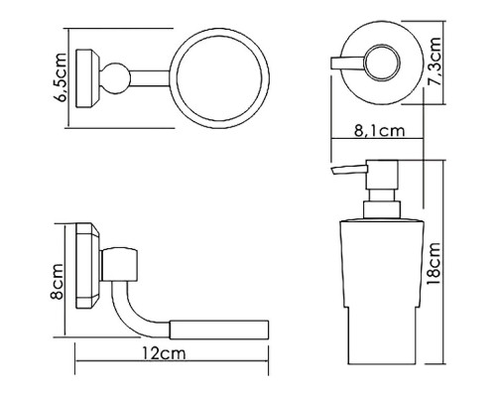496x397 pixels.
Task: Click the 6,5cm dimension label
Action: point(61,78)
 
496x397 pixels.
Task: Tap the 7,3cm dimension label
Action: point(434,63)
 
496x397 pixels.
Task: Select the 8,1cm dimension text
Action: point(380,131)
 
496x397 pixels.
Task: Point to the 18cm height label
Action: point(434,264)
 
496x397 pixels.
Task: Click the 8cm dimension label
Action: point(58,281)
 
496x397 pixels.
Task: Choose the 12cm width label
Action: point(165,353)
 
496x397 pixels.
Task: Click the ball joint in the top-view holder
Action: point(115,78)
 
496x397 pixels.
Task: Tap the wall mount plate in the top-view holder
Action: point(87,78)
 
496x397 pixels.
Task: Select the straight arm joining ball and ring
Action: point(150,78)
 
